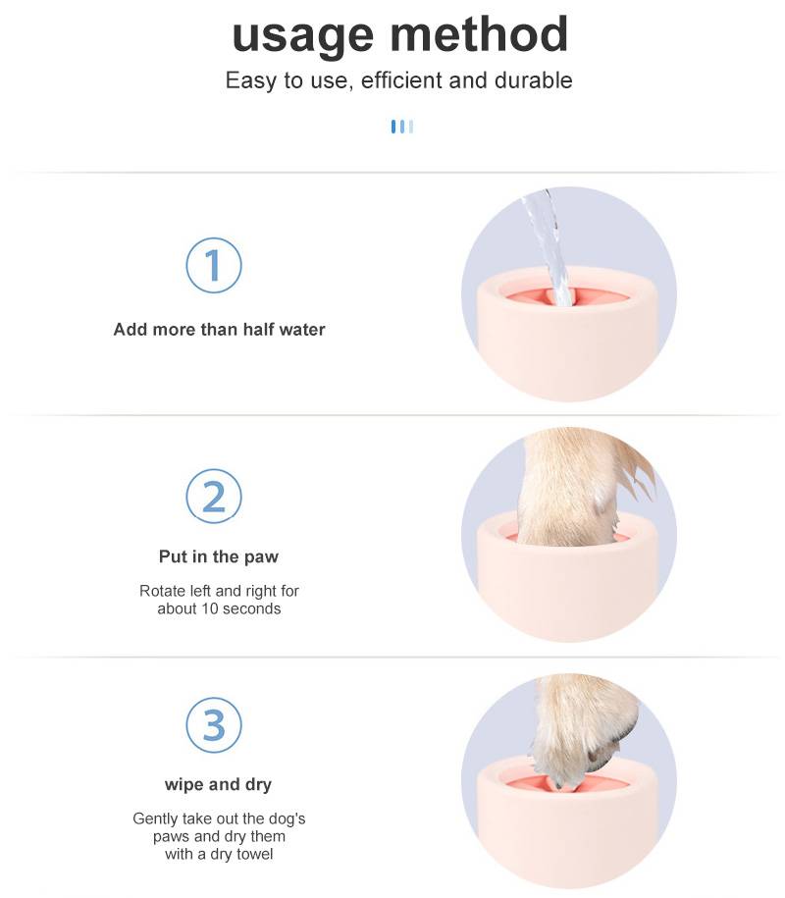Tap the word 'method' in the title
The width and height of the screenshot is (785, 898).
click(x=479, y=33)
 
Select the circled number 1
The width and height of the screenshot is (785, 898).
click(x=214, y=265)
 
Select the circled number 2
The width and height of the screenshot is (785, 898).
click(x=214, y=496)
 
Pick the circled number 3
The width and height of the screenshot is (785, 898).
click(x=214, y=724)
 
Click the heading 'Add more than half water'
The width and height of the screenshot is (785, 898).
click(x=219, y=330)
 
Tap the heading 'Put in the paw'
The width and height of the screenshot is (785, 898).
click(x=219, y=556)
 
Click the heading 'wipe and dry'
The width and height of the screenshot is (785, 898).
click(x=218, y=784)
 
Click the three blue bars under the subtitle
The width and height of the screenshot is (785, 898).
click(x=402, y=127)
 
